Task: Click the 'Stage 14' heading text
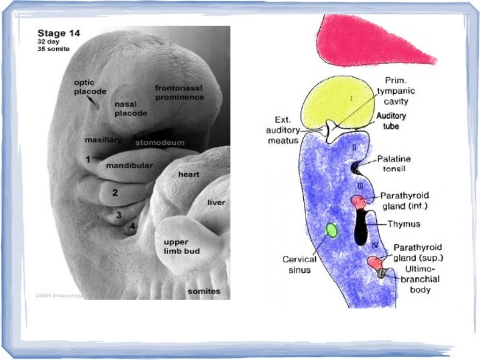59,33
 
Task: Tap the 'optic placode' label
90,87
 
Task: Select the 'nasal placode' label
131,109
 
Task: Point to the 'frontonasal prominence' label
180,93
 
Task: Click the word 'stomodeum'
160,142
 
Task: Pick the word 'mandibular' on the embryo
129,165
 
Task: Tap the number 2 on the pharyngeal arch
114,192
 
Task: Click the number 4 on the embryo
133,226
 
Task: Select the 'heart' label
188,174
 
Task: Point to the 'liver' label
217,202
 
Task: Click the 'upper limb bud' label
181,247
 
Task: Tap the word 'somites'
204,291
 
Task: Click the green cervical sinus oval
331,230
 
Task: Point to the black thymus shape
360,227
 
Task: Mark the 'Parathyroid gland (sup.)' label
418,252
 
